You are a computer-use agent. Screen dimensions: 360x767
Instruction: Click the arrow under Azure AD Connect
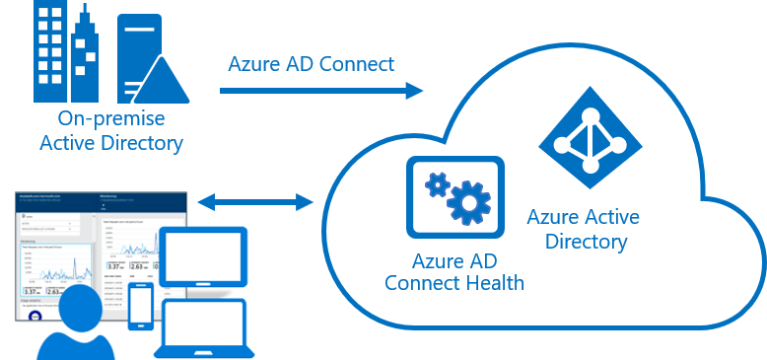(321, 91)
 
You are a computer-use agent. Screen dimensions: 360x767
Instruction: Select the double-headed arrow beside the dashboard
(255, 202)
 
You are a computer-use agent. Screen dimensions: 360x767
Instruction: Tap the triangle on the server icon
(164, 75)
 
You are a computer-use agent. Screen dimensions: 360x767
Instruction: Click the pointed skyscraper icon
(84, 59)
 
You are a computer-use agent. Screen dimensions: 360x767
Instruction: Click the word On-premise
(110, 119)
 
